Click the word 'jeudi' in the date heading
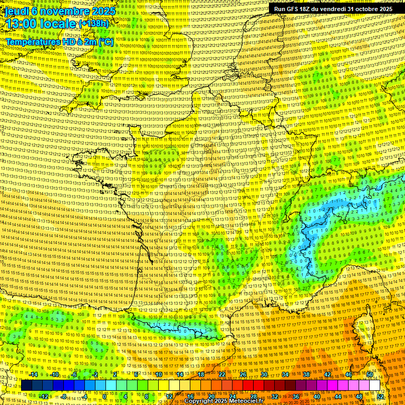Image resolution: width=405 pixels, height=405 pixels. (16, 11)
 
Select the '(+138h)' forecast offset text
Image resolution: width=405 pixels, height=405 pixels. (93, 24)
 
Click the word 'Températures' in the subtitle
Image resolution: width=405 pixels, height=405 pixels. (33, 41)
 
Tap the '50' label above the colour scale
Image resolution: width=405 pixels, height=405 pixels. (370, 374)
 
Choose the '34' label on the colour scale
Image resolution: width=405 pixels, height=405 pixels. (285, 374)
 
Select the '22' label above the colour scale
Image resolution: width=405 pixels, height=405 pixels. (222, 374)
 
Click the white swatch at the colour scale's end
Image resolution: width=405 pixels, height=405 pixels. (375, 385)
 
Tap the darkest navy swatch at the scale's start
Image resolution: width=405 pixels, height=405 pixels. (27, 385)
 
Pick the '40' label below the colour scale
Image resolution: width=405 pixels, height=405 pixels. (317, 397)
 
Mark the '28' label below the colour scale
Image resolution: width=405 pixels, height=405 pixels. (254, 397)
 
